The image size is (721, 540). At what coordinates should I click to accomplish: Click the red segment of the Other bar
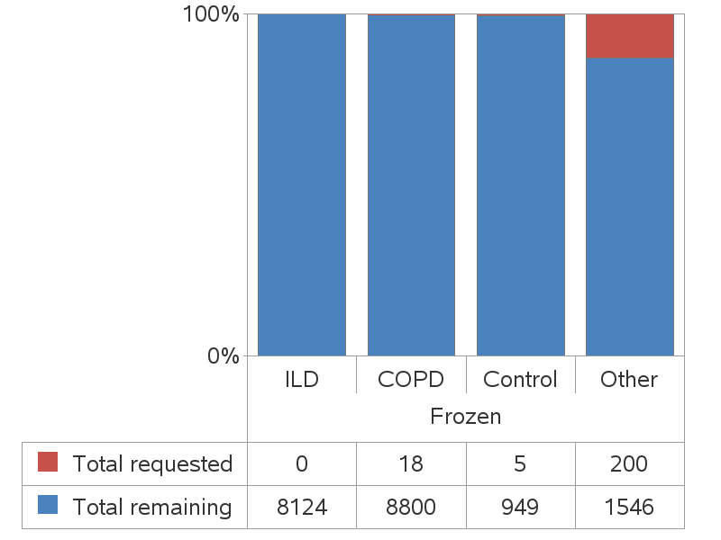click(630, 36)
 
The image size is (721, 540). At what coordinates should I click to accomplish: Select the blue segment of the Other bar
click(630, 207)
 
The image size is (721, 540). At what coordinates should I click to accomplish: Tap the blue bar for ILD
click(302, 184)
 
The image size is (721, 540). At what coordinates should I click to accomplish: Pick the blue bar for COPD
click(411, 185)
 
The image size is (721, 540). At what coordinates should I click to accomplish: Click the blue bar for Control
click(520, 185)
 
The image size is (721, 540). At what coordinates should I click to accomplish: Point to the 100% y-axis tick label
click(210, 14)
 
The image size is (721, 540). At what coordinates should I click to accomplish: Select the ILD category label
click(302, 379)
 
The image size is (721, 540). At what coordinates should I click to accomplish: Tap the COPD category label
click(411, 379)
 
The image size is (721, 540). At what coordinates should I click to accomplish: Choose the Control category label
click(520, 379)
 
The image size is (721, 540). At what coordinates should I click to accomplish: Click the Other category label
click(629, 379)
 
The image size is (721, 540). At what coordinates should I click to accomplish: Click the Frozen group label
click(465, 417)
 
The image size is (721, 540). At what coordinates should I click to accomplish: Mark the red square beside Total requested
click(48, 463)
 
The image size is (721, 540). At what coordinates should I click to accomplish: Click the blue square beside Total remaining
click(48, 506)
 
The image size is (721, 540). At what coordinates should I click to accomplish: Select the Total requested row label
click(152, 463)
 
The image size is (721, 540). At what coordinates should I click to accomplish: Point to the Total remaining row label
click(152, 507)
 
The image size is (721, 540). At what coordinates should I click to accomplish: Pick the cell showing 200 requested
click(629, 463)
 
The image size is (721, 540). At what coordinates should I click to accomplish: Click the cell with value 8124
click(302, 507)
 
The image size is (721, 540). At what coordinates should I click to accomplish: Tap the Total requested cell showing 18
click(411, 463)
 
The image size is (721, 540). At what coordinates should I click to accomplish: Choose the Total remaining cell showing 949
click(520, 507)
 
